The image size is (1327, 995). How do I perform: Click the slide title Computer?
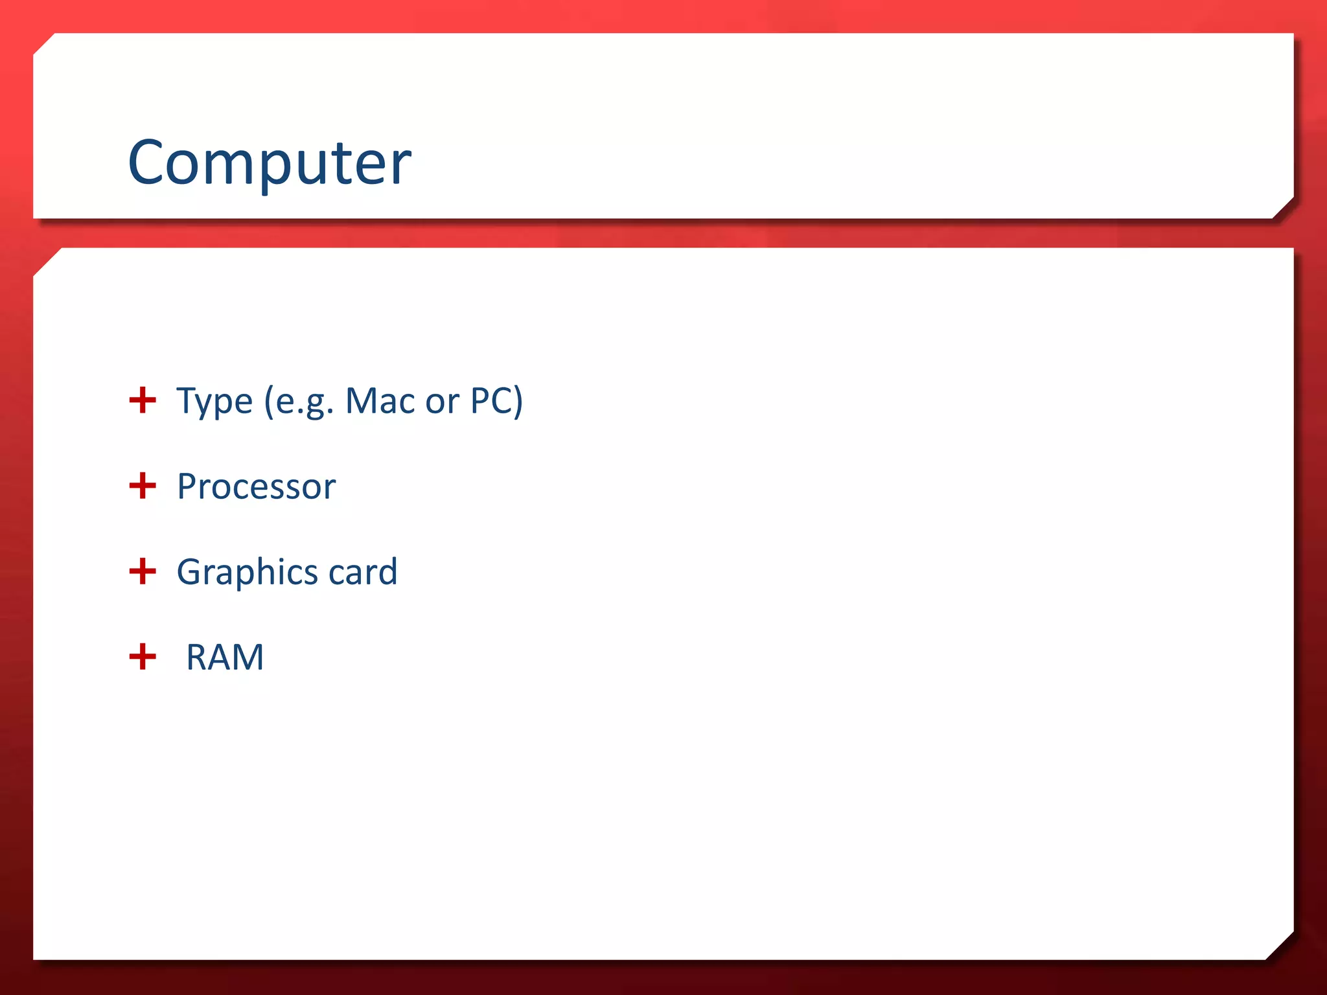[269, 162]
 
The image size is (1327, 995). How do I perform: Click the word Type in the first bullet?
[214, 401]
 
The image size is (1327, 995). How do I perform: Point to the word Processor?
[256, 486]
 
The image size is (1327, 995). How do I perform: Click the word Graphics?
[247, 573]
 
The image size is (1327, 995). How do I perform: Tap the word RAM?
[225, 658]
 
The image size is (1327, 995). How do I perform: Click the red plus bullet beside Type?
[143, 400]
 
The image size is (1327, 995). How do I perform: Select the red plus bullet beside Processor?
[143, 486]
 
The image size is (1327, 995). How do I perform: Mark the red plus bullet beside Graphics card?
[143, 571]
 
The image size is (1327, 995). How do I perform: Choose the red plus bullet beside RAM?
[143, 657]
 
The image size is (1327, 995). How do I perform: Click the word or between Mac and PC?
[443, 402]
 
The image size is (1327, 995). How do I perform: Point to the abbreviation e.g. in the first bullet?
[305, 402]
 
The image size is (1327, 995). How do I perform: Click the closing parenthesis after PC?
[518, 401]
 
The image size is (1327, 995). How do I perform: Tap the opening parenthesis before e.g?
[269, 401]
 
